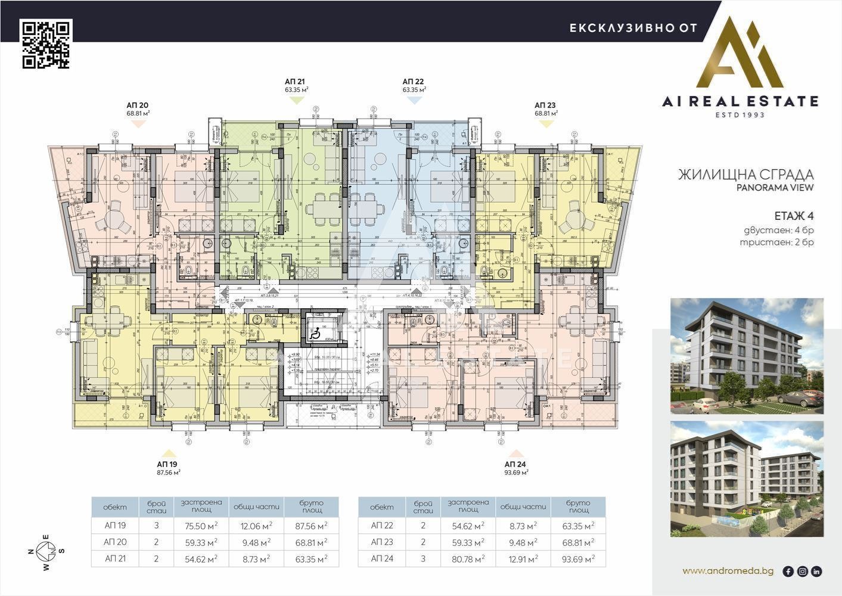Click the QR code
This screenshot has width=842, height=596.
(x=46, y=44)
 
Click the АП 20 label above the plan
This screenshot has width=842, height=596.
(x=137, y=105)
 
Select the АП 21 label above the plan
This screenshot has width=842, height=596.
(x=296, y=82)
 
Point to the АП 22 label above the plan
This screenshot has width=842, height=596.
(x=414, y=82)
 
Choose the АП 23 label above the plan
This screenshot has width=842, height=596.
(x=545, y=105)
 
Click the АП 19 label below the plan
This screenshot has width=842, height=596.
(x=167, y=464)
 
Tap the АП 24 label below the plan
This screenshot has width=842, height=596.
(x=515, y=464)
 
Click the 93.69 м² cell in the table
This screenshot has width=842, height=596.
(x=578, y=559)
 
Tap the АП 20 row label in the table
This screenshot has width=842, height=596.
(x=114, y=542)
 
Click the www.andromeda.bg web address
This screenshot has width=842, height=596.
(x=728, y=571)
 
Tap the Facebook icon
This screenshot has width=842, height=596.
(x=788, y=572)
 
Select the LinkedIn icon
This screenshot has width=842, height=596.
(x=816, y=572)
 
